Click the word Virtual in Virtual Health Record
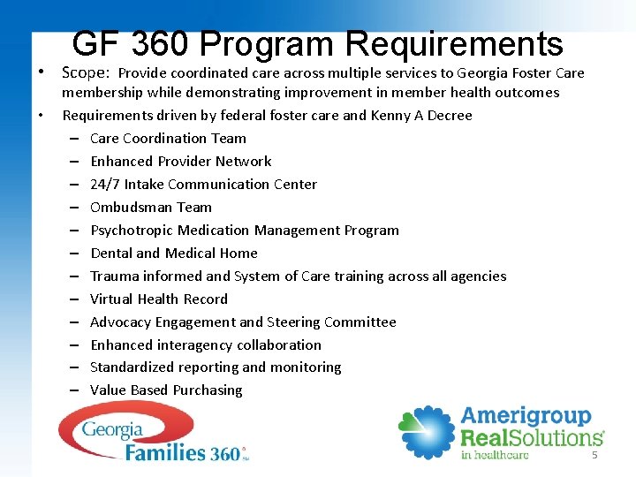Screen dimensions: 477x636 pos(111,299)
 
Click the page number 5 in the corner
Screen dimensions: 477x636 pos(594,454)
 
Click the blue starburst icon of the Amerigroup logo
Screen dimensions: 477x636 pos(426,433)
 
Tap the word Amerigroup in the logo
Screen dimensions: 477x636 pos(526,416)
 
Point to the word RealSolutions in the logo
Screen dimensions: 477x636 pos(531,437)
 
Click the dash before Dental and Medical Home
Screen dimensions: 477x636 pos(71,253)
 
